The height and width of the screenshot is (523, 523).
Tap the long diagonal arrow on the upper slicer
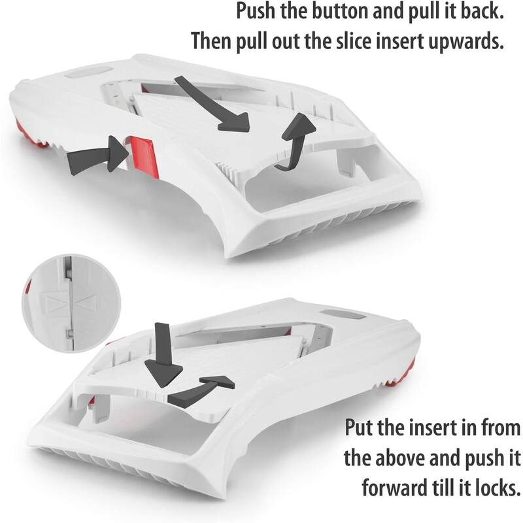tap(214, 104)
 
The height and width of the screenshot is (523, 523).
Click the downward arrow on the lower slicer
tap(163, 358)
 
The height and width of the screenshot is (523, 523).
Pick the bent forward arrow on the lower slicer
tap(200, 390)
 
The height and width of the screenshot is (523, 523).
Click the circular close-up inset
tap(71, 303)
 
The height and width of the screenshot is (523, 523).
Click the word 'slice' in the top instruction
tap(354, 42)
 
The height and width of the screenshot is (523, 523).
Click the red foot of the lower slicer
tap(403, 373)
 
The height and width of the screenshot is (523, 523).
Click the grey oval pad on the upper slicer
tap(88, 73)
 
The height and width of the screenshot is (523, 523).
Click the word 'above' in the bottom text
tap(399, 458)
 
